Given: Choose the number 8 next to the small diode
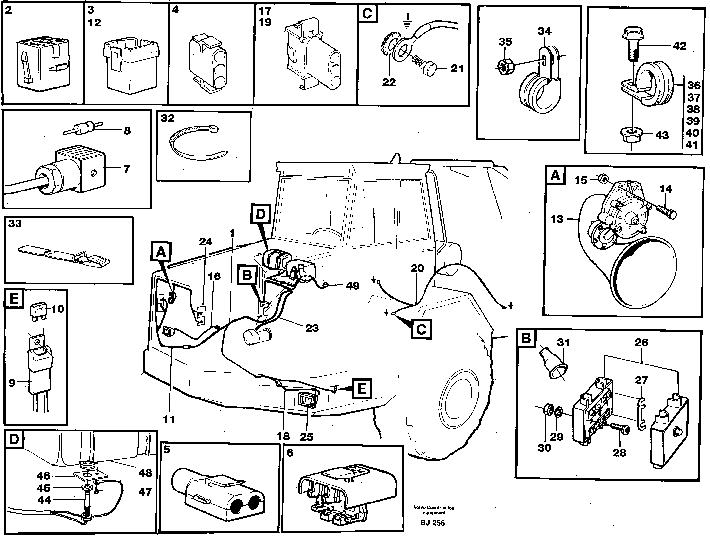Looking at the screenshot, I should click(127, 131).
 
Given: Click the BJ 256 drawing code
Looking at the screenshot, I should click(432, 523).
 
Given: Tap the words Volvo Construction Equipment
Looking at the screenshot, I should click(434, 510).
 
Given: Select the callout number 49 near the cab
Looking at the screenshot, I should click(352, 286).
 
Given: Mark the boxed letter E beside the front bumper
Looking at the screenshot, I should click(362, 389).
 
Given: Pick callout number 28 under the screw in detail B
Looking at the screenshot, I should click(619, 452).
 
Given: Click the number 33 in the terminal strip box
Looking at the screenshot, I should click(15, 224).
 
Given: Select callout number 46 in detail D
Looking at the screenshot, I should click(43, 476).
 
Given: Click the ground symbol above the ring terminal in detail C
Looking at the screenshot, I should click(407, 20).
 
